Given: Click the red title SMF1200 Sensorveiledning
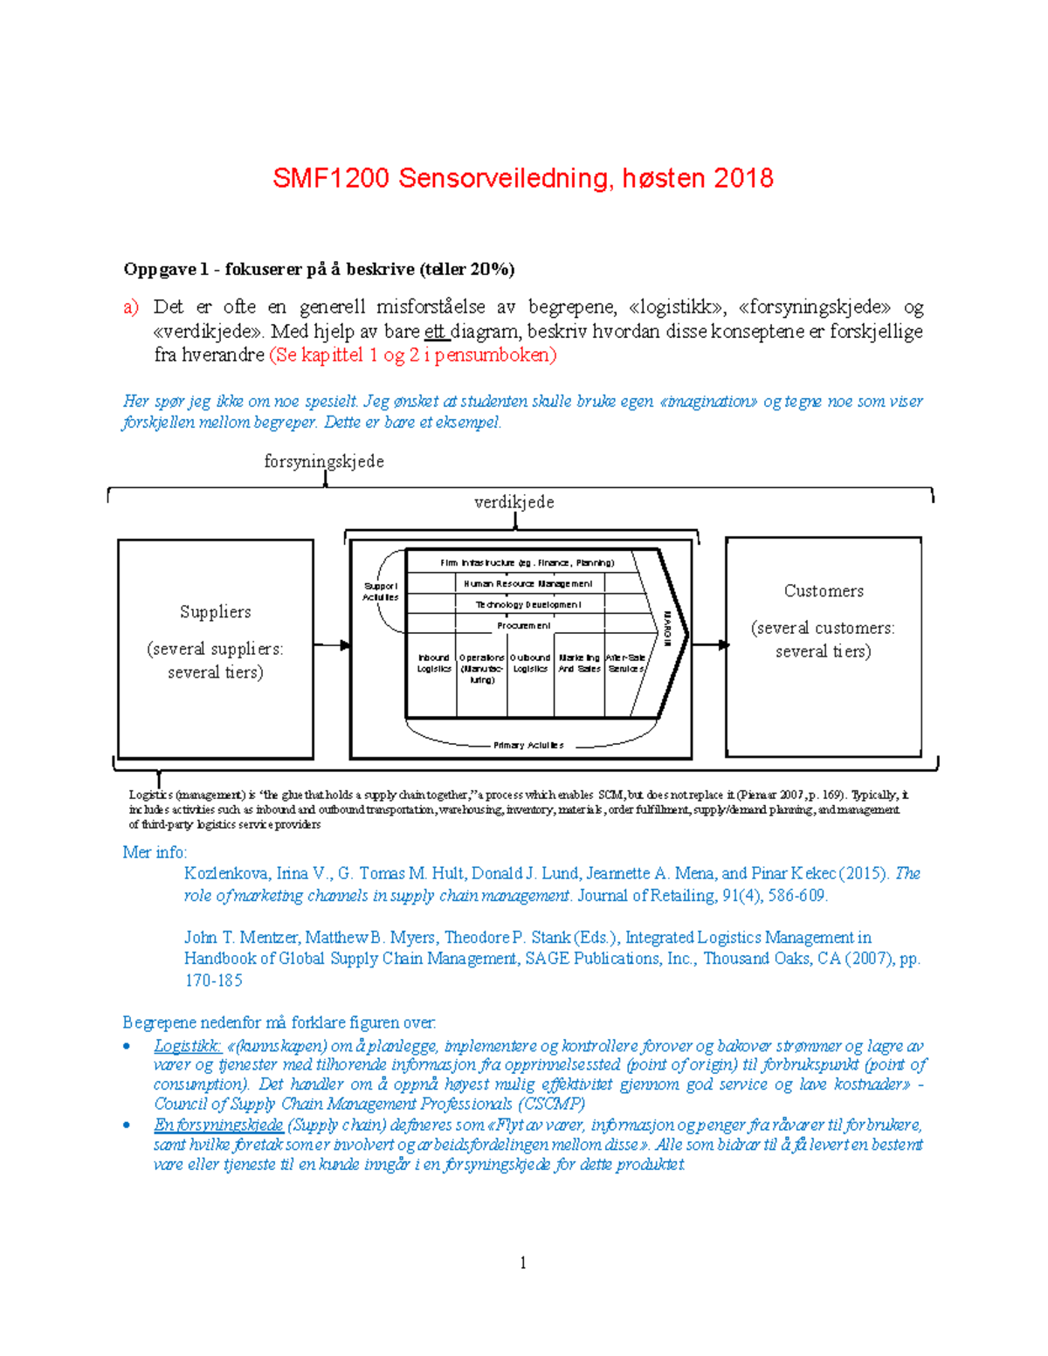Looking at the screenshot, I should (522, 178).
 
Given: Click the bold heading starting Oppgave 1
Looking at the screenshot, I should (319, 269).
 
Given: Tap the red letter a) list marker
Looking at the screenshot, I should (130, 307).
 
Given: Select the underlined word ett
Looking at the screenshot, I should (435, 332).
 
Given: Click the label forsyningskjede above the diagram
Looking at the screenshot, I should (324, 461).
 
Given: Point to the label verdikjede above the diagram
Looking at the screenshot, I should (514, 502).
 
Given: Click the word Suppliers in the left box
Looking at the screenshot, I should (215, 611).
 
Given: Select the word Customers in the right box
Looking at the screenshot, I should (824, 591).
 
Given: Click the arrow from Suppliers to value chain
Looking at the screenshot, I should (332, 645).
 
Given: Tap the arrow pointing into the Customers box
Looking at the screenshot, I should (712, 645).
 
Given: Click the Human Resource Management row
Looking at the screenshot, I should (527, 583).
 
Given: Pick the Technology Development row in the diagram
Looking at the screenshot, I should (527, 604).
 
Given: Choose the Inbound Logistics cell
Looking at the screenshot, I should (433, 664).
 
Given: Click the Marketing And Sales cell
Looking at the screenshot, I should (579, 664).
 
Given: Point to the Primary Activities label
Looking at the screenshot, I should (528, 745).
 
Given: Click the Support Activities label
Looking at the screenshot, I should (381, 592).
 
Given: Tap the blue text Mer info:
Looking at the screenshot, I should (155, 852).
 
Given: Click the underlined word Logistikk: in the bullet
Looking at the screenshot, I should (187, 1046).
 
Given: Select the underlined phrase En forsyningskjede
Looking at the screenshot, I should (218, 1125).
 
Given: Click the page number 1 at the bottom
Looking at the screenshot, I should (522, 1263).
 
